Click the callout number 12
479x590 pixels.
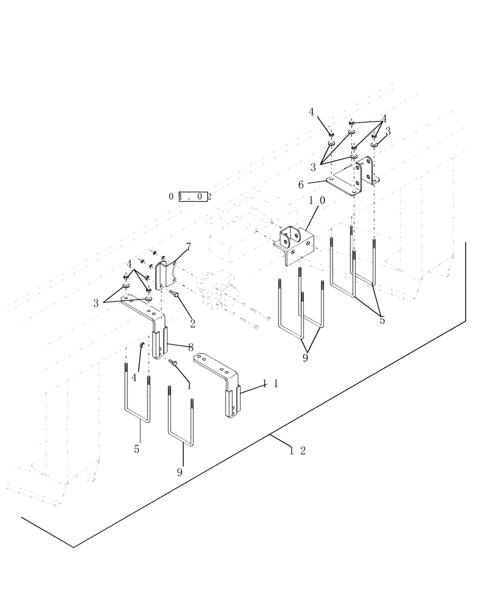coord(297,451)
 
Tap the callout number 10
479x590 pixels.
coord(317,201)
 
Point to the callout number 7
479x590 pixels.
coord(188,245)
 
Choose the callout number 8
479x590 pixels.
coord(191,348)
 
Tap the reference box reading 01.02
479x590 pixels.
coord(190,196)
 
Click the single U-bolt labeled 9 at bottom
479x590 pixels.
coord(181,422)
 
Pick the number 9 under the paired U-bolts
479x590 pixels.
coord(305,358)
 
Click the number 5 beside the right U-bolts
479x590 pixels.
coord(382,321)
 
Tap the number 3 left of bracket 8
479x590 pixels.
coord(96,303)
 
